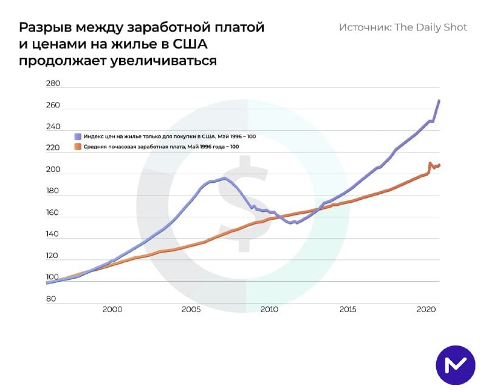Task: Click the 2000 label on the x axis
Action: point(112,309)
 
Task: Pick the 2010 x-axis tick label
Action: point(269,309)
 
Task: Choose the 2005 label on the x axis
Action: point(191,309)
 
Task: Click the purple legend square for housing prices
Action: point(78,137)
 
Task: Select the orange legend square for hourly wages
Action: point(78,147)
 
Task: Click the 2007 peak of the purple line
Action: point(224,178)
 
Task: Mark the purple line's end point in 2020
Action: point(439,101)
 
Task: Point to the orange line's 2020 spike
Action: point(430,163)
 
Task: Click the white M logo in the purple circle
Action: point(455,365)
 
